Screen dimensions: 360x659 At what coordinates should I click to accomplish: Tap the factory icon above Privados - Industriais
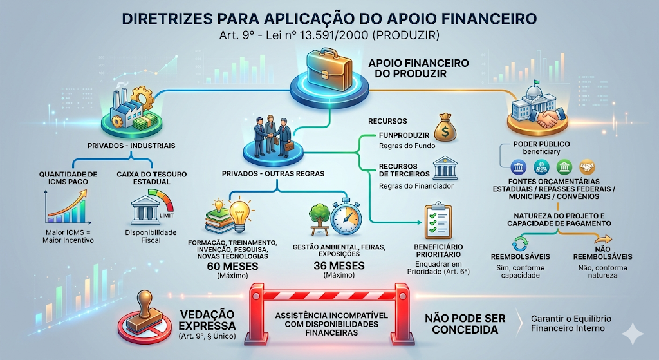tap(122, 109)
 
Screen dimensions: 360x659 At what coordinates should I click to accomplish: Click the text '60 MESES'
tap(232, 266)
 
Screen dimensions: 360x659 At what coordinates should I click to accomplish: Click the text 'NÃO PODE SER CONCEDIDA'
tap(465, 324)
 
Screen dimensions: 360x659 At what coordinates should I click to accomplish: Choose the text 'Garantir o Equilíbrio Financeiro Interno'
tap(571, 324)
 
